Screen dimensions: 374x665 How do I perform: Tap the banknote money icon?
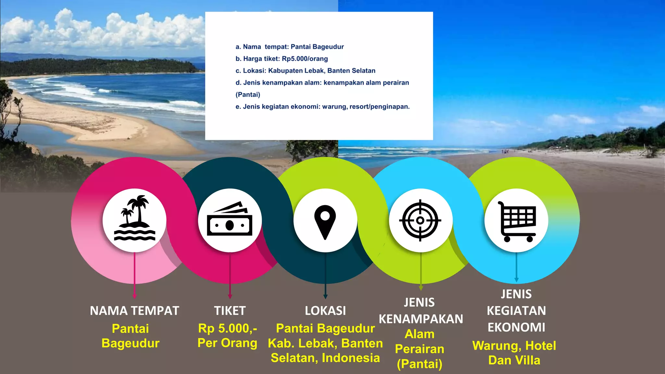pyautogui.click(x=230, y=219)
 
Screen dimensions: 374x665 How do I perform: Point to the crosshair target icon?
pyautogui.click(x=420, y=220)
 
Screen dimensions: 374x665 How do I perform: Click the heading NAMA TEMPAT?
pyautogui.click(x=134, y=311)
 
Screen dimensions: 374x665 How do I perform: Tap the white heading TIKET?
pyautogui.click(x=230, y=311)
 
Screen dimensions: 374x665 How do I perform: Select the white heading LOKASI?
pyautogui.click(x=325, y=311)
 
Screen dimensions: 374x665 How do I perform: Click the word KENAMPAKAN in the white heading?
pyautogui.click(x=421, y=319)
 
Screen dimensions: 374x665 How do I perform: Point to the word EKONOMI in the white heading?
pyautogui.click(x=516, y=327)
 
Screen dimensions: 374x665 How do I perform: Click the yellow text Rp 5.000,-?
pyautogui.click(x=228, y=329)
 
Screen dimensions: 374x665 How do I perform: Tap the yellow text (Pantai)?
pyautogui.click(x=420, y=364)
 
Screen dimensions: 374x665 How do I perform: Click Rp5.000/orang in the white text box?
pyautogui.click(x=305, y=59)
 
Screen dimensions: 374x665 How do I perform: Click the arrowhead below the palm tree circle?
pyautogui.click(x=134, y=296)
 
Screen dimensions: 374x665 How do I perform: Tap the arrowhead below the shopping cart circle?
pyautogui.click(x=516, y=280)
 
